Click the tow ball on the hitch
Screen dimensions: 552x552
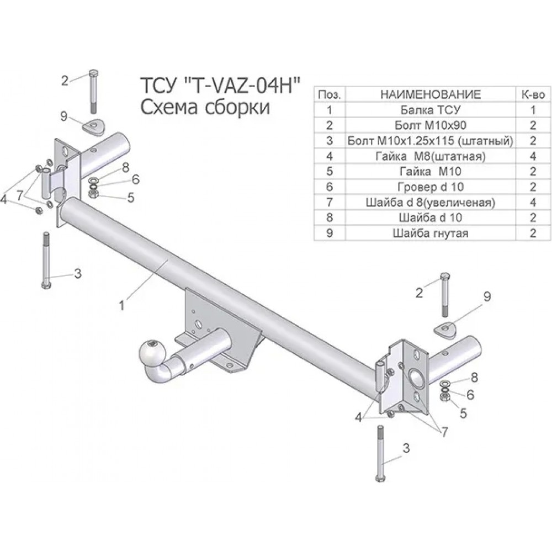point(151,352)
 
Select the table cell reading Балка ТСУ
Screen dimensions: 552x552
point(430,110)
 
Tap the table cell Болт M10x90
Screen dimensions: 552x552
point(430,125)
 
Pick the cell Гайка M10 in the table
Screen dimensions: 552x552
point(430,172)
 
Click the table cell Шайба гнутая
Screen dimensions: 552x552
point(430,233)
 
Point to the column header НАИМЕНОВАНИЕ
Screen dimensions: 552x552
point(430,94)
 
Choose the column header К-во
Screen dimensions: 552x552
point(533,94)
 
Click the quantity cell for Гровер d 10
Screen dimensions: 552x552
point(533,187)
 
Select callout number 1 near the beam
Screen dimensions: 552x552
point(122,305)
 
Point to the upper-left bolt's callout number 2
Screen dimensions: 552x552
point(65,81)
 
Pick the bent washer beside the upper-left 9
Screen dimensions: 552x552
point(94,127)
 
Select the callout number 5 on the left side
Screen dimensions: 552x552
point(131,198)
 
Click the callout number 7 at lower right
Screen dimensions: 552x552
point(444,432)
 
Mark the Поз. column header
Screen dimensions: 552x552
point(329,94)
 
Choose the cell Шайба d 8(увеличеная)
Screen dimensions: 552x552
point(430,203)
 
